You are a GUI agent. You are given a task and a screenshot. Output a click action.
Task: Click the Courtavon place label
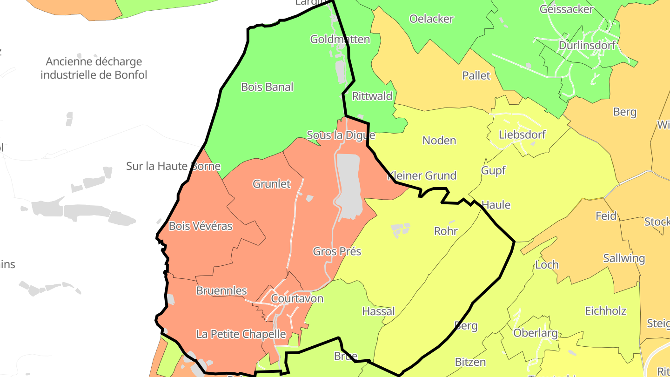click(x=297, y=298)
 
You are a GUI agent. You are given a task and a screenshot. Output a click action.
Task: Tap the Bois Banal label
click(x=267, y=87)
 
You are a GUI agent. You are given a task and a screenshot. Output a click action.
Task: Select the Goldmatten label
click(x=340, y=39)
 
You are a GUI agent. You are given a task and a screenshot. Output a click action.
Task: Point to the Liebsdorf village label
click(x=522, y=135)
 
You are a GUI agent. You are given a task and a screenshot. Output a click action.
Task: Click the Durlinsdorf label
click(x=587, y=46)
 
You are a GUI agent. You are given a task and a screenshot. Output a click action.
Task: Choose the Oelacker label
click(x=431, y=19)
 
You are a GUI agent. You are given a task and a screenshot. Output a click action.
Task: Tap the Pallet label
click(x=476, y=75)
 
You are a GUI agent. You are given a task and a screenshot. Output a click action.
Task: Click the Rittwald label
click(x=372, y=96)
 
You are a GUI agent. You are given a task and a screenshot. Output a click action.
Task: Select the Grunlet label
click(x=272, y=184)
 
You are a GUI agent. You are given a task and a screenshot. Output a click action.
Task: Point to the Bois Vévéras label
click(x=201, y=226)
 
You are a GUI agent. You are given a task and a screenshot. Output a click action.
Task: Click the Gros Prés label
click(x=337, y=251)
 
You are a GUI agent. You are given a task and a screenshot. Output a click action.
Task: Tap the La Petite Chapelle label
click(x=241, y=334)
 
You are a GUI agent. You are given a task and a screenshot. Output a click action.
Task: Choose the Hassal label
click(x=378, y=311)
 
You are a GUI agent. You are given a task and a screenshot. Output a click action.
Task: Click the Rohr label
click(x=446, y=231)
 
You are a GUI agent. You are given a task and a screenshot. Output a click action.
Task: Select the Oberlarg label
click(x=535, y=333)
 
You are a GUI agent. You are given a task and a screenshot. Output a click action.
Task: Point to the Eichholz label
click(x=605, y=311)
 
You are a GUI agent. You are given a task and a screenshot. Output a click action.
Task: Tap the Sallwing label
click(x=624, y=258)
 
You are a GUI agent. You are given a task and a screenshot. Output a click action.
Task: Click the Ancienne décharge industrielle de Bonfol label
click(x=94, y=68)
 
